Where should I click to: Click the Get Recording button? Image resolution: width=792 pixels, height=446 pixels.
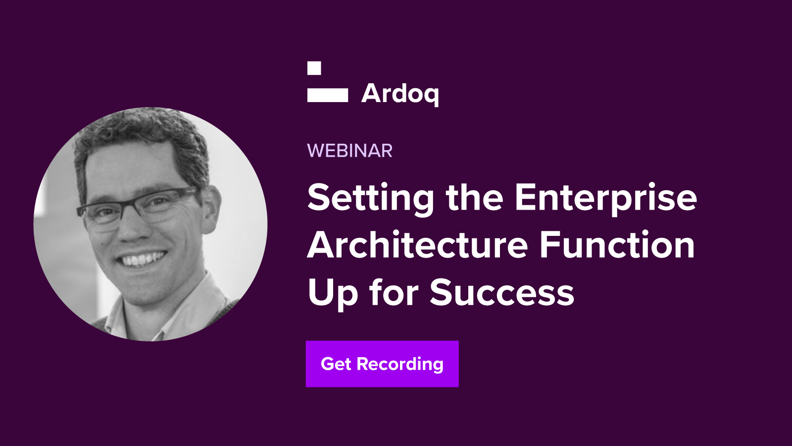coord(382,364)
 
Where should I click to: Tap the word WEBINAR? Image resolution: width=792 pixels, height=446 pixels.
coord(349,151)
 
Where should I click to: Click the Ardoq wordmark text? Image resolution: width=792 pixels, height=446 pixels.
coord(400,95)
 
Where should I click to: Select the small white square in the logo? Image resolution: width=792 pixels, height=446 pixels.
coord(314,68)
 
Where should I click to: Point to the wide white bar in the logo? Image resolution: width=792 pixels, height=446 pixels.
coord(327,95)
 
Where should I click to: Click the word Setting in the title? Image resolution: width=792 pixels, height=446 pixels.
coord(371,199)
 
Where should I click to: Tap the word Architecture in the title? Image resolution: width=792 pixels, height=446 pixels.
coord(418,245)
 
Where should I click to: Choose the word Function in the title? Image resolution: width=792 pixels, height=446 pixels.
coord(617,245)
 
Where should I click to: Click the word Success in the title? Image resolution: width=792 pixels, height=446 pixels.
coord(502,292)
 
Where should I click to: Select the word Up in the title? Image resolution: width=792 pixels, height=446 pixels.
coord(332,294)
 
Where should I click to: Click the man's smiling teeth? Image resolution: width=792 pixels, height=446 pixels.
coord(142,259)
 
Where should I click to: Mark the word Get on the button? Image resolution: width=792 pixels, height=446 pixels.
coord(336,364)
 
